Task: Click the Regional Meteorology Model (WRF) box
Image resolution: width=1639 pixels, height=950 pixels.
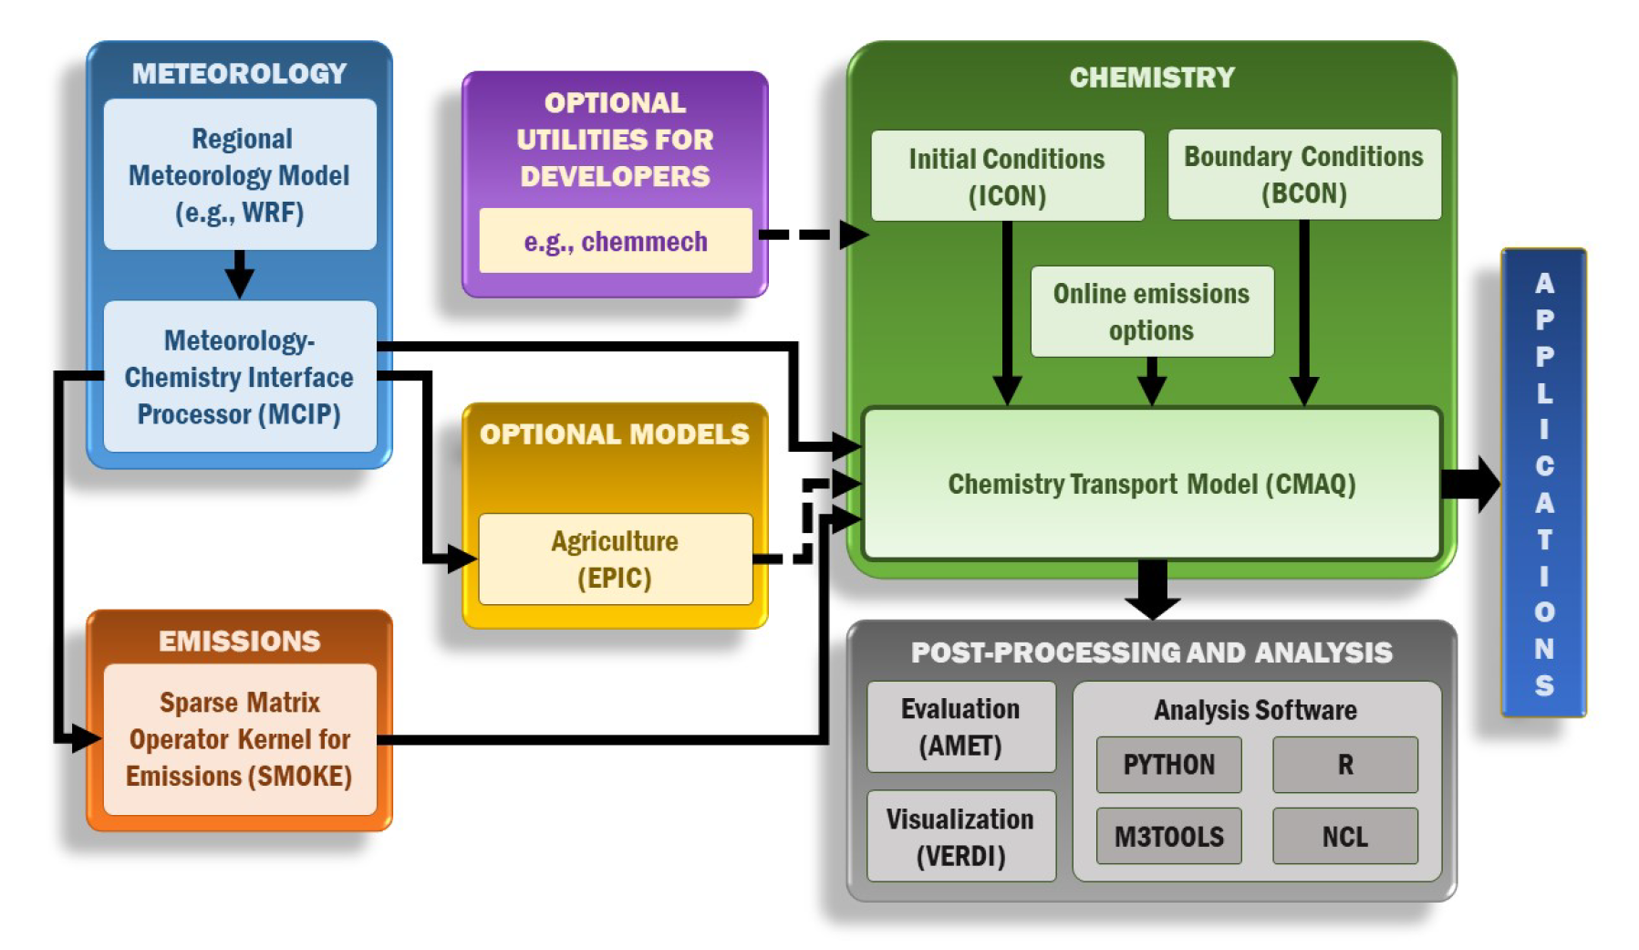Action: [239, 175]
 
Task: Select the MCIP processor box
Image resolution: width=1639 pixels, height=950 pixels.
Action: [239, 377]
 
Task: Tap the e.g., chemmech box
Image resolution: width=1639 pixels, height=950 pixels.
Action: [615, 241]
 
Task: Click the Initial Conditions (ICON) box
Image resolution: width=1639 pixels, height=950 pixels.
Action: [1007, 176]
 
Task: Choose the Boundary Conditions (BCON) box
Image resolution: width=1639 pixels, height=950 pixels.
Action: [1303, 174]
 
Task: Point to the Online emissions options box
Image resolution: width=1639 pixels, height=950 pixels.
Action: [1151, 311]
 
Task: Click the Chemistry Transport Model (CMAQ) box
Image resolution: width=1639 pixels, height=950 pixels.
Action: [1151, 484]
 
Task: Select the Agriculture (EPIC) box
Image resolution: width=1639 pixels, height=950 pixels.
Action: [615, 559]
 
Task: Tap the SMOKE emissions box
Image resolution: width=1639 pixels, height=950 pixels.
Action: [239, 739]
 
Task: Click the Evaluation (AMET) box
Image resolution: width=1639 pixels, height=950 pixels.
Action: [960, 727]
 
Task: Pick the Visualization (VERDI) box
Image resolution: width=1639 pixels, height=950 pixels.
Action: [960, 837]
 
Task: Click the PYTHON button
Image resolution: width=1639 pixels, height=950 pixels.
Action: [1168, 765]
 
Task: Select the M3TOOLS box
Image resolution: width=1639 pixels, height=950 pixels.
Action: [1168, 836]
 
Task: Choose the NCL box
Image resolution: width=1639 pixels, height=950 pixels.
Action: [1344, 836]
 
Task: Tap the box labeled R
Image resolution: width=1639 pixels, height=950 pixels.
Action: [1344, 765]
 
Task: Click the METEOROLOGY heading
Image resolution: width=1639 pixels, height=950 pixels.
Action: [239, 73]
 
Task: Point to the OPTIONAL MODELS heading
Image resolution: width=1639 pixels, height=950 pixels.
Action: [615, 434]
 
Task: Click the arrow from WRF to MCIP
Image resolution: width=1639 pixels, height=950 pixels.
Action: [239, 274]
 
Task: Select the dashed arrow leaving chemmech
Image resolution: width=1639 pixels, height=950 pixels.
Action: [812, 235]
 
